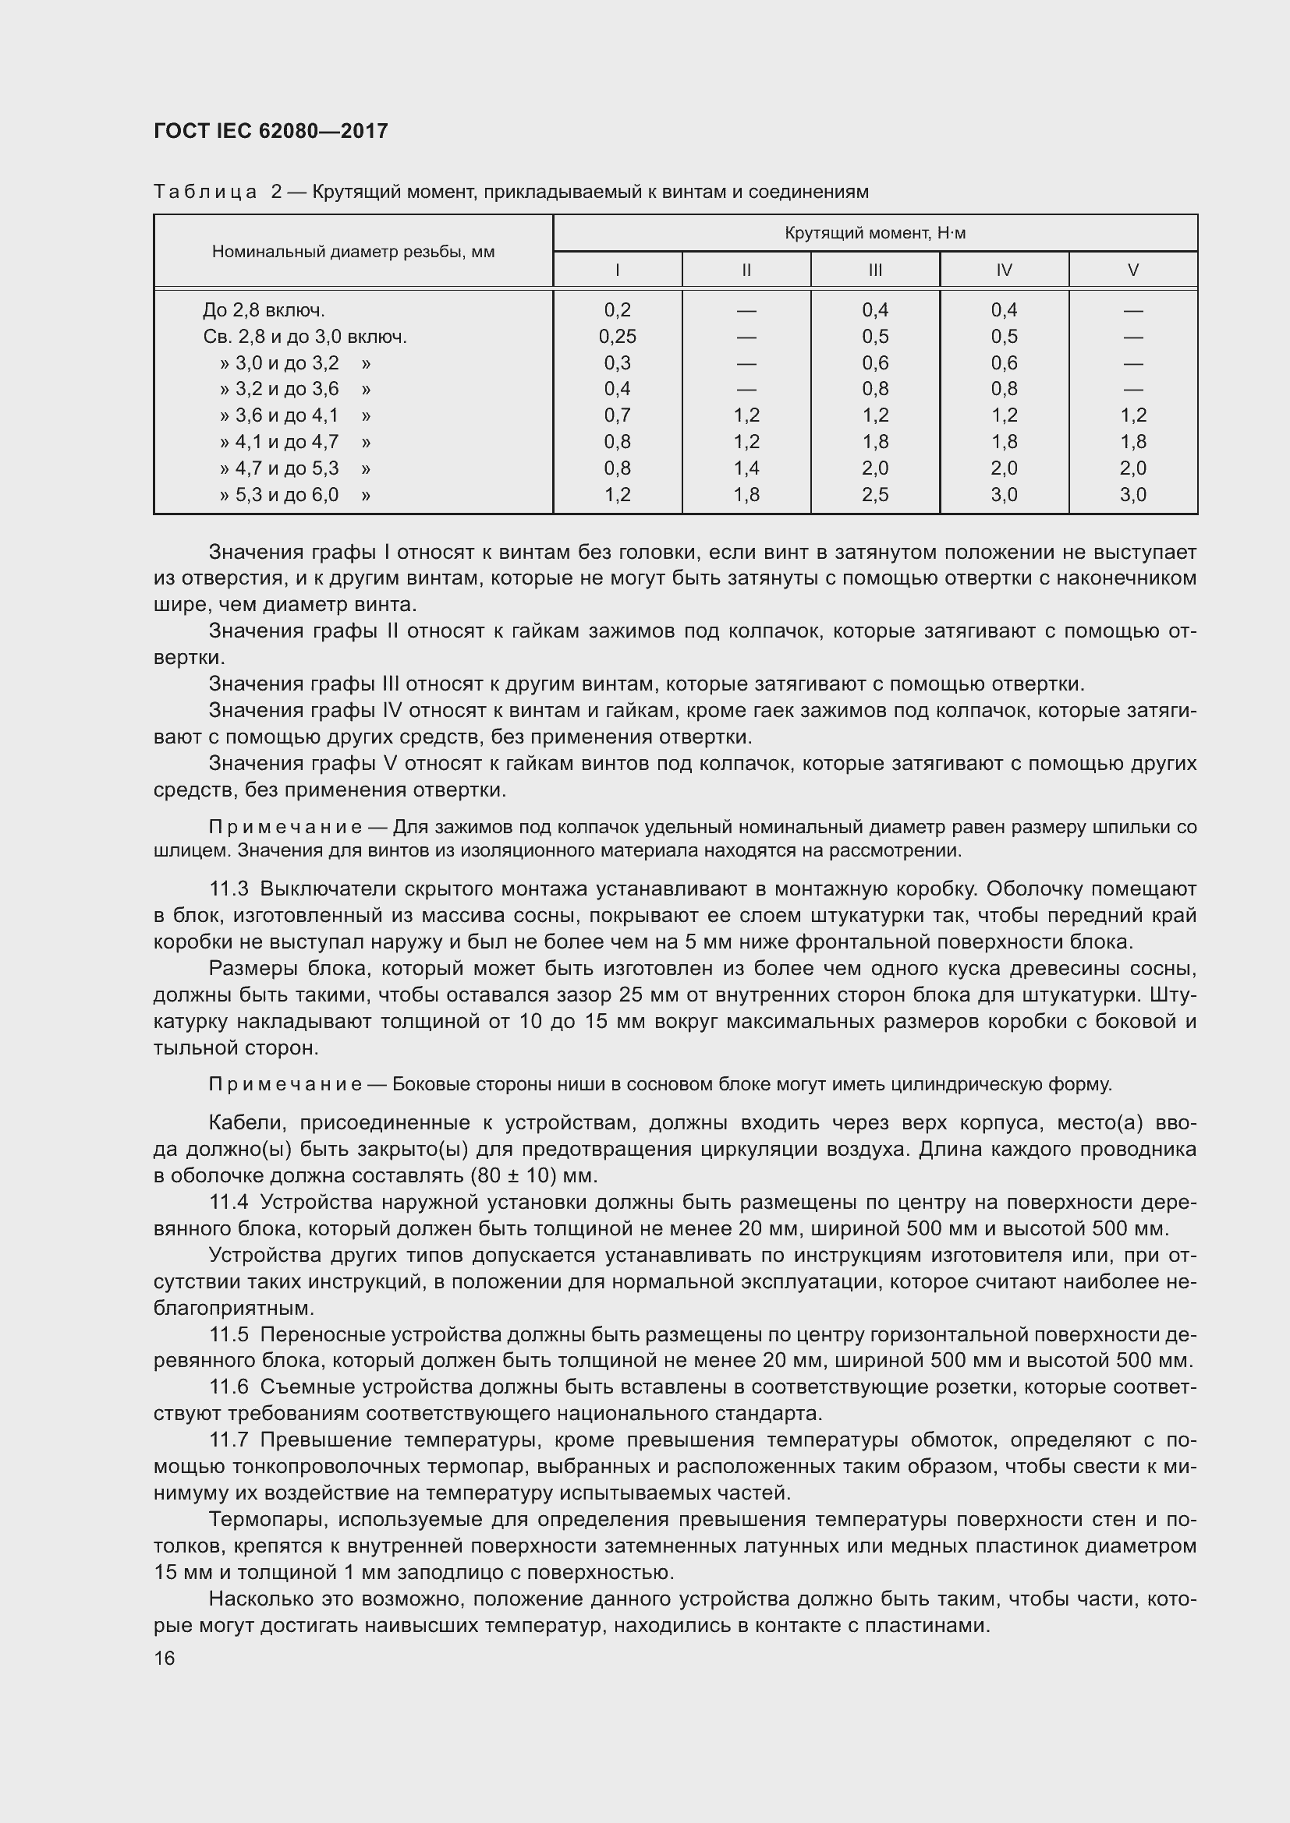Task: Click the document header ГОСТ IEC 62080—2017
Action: point(271,131)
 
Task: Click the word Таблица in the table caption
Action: point(205,193)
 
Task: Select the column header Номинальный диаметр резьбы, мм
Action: point(353,252)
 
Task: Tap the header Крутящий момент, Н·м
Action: point(874,234)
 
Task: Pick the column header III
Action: point(874,270)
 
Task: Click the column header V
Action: point(1132,270)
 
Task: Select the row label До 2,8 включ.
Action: point(264,310)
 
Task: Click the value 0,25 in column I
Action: point(617,337)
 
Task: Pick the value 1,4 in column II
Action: point(746,468)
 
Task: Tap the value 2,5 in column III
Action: point(874,495)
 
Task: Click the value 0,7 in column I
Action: point(617,415)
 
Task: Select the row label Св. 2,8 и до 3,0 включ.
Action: point(305,337)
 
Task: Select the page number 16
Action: point(165,1658)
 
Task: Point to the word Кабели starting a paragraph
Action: point(242,1122)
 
